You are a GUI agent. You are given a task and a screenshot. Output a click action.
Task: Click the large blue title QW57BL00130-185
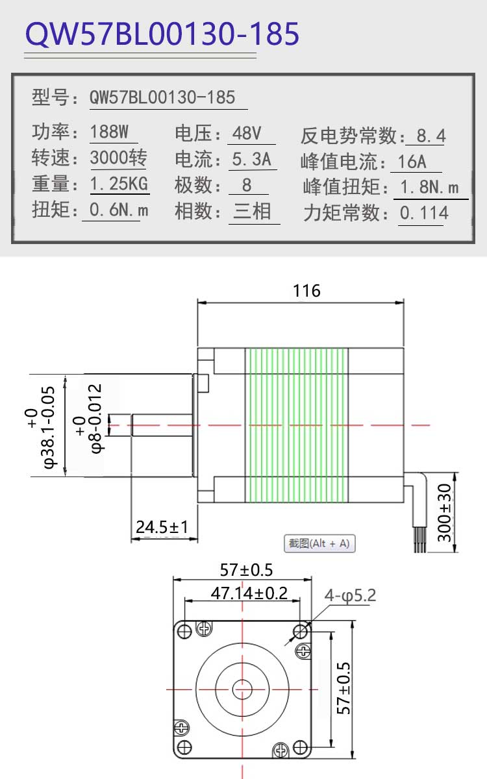(162, 33)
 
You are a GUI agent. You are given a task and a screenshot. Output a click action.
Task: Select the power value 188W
(109, 132)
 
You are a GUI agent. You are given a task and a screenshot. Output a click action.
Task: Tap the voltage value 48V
(247, 133)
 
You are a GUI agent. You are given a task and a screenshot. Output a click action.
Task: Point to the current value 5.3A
(251, 159)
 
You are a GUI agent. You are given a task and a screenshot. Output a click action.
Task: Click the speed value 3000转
(119, 158)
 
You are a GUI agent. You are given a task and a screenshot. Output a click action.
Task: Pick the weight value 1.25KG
(119, 184)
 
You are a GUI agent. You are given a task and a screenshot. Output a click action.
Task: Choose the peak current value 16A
(412, 162)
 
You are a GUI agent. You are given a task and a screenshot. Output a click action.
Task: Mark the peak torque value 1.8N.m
(429, 187)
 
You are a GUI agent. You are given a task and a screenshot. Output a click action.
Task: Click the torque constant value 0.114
(424, 213)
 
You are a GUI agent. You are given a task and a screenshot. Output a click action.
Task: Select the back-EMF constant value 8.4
(431, 136)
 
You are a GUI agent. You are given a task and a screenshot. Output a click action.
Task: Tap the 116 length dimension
(306, 291)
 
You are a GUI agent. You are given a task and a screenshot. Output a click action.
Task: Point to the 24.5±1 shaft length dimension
(162, 527)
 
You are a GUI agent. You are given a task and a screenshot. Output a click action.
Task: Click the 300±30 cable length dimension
(444, 513)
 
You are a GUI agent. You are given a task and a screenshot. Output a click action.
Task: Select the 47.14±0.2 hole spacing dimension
(249, 593)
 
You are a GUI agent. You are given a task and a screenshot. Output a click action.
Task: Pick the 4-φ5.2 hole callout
(350, 596)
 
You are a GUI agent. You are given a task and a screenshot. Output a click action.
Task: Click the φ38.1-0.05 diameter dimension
(45, 427)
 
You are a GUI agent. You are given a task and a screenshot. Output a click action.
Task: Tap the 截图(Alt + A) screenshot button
(319, 543)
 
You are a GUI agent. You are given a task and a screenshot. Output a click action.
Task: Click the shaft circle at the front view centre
(242, 689)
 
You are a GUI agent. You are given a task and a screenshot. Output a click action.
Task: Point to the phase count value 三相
(252, 211)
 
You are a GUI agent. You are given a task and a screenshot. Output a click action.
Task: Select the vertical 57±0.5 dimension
(343, 688)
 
